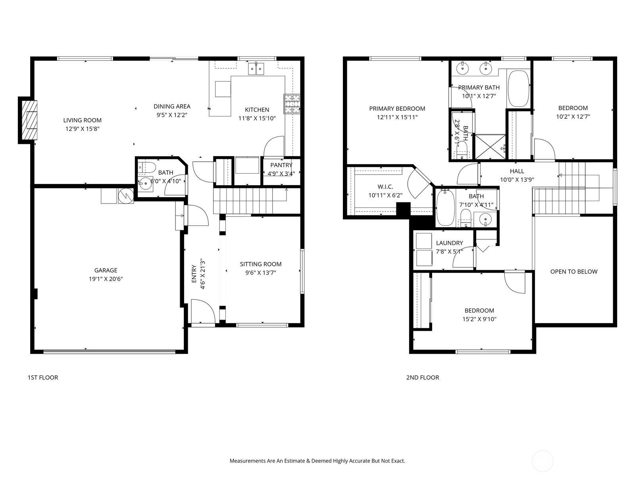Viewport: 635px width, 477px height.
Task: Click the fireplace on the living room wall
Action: coord(28,120)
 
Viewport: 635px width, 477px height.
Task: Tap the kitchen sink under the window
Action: coord(256,69)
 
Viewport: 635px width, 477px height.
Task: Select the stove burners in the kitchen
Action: coord(292,104)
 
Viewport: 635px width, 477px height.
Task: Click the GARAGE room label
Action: coord(106,270)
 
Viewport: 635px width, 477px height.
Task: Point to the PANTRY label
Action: coord(281,165)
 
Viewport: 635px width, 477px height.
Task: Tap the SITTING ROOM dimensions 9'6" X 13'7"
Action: coord(261,273)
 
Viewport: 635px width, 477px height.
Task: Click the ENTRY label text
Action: coord(194,274)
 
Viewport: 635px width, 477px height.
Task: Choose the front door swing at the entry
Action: coord(203,311)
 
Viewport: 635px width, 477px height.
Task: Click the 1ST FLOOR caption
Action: coord(43,377)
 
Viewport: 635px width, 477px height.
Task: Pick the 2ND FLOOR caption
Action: coord(422,377)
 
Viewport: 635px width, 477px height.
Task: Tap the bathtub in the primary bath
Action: coord(519,89)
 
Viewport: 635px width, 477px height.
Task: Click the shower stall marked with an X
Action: coord(491,147)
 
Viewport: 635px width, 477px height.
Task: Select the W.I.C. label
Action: coord(385,187)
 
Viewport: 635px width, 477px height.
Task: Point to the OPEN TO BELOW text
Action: coord(573,271)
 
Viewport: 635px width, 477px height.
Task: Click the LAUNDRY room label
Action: coord(450,243)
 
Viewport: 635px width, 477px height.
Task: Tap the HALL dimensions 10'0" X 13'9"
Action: coord(517,180)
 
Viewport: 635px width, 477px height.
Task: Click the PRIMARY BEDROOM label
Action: coord(397,109)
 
